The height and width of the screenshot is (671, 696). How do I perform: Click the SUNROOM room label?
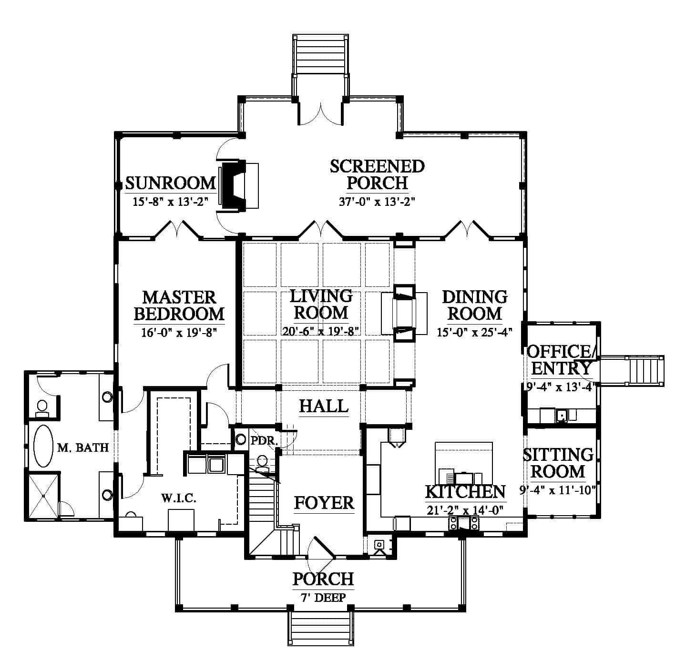[170, 183]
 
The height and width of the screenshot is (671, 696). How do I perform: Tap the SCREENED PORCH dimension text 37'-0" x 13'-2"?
[377, 202]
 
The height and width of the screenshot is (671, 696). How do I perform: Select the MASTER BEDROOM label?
[179, 306]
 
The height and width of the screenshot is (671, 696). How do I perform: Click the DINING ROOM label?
[475, 305]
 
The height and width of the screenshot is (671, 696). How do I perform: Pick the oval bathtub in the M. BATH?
[43, 446]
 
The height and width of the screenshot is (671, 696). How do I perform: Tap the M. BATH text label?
[82, 447]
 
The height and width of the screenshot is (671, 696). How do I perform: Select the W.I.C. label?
[178, 498]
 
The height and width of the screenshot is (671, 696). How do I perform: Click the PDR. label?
[264, 440]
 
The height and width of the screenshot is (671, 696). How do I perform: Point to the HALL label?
[324, 406]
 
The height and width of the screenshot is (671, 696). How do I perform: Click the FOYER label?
[324, 503]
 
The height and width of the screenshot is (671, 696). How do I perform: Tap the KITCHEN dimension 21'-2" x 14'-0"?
[465, 510]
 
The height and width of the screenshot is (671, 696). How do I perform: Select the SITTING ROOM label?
[558, 463]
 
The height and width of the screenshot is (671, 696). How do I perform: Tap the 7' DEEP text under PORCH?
[323, 597]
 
